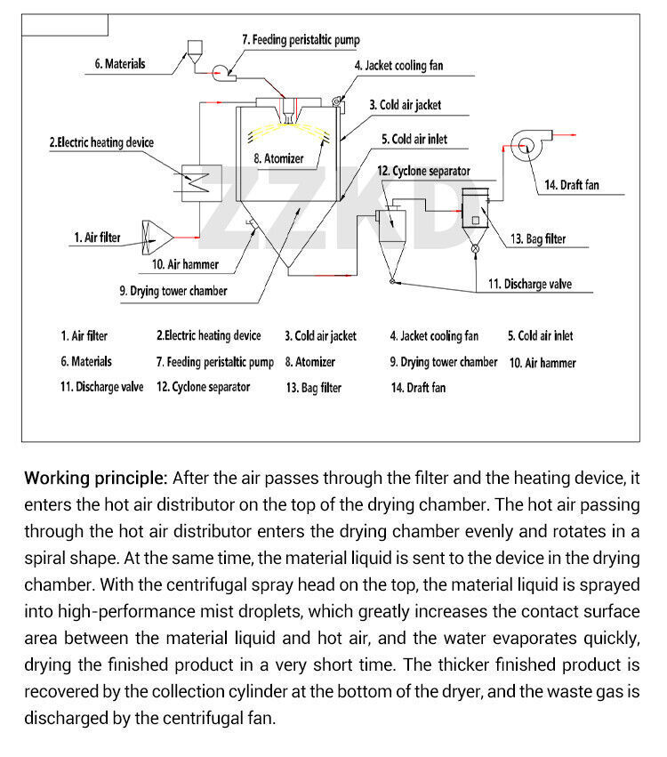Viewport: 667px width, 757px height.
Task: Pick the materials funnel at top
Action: point(196,52)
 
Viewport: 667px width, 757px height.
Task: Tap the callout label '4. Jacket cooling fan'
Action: point(398,66)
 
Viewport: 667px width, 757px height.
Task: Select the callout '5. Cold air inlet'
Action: point(414,139)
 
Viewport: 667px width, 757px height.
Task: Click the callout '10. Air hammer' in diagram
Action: point(185,264)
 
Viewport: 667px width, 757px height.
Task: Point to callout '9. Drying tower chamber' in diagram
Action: point(173,291)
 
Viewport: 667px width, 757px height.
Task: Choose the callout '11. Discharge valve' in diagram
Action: point(529,285)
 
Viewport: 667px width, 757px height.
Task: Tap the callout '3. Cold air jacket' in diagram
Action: point(405,105)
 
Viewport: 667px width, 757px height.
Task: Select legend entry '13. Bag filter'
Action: point(314,388)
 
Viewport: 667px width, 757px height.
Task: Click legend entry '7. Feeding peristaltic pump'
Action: point(215,363)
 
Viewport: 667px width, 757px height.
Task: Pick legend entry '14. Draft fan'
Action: point(418,388)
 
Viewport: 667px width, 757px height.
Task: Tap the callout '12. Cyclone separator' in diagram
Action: point(423,171)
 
